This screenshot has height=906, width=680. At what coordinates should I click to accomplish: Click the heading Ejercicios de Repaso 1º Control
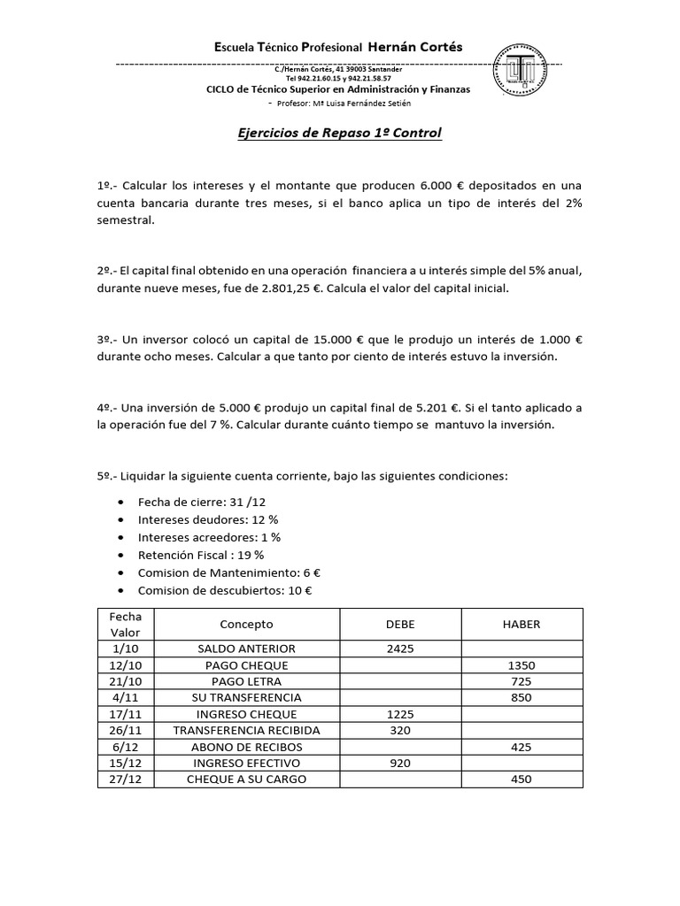pyautogui.click(x=340, y=134)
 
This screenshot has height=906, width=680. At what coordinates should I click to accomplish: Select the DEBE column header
pyautogui.click(x=400, y=624)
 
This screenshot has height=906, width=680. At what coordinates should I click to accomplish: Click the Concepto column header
pyautogui.click(x=246, y=624)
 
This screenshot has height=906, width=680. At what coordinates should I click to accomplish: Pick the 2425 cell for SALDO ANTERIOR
pyautogui.click(x=400, y=649)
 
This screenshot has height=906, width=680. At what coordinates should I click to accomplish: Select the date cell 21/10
pyautogui.click(x=119, y=681)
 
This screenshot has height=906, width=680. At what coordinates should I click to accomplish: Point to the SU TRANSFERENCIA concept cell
pyautogui.click(x=246, y=698)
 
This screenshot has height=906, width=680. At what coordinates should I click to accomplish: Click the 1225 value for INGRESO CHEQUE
pyautogui.click(x=400, y=714)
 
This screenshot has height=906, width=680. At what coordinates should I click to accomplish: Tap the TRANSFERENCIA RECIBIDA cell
pyautogui.click(x=246, y=730)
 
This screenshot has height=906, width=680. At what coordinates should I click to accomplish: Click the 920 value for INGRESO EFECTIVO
pyautogui.click(x=400, y=763)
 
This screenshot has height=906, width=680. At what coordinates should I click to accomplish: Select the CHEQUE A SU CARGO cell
pyautogui.click(x=246, y=779)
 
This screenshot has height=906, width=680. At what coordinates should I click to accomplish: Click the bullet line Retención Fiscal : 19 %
pyautogui.click(x=201, y=555)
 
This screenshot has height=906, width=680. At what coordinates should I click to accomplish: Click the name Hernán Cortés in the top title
pyautogui.click(x=414, y=47)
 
